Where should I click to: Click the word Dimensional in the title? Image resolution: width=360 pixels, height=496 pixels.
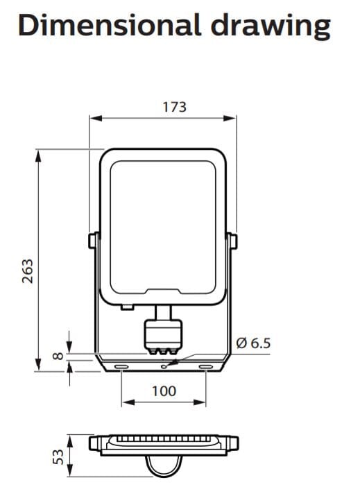coord(110,25)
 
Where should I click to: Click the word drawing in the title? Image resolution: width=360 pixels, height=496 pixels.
coord(271,27)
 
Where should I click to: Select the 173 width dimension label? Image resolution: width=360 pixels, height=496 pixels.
coord(174,107)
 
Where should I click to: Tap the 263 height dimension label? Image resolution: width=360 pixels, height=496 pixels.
coord(28,271)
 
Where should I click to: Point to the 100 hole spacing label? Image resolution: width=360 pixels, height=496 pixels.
coord(164,391)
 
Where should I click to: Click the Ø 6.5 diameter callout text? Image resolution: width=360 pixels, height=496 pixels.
coord(254,343)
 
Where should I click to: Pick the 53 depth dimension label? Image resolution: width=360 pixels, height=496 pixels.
coord(58,456)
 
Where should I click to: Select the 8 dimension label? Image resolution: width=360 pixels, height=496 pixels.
coord(58,356)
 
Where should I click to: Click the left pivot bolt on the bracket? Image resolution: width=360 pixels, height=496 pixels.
coord(93,241)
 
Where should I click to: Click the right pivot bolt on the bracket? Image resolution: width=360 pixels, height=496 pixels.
coord(233,241)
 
